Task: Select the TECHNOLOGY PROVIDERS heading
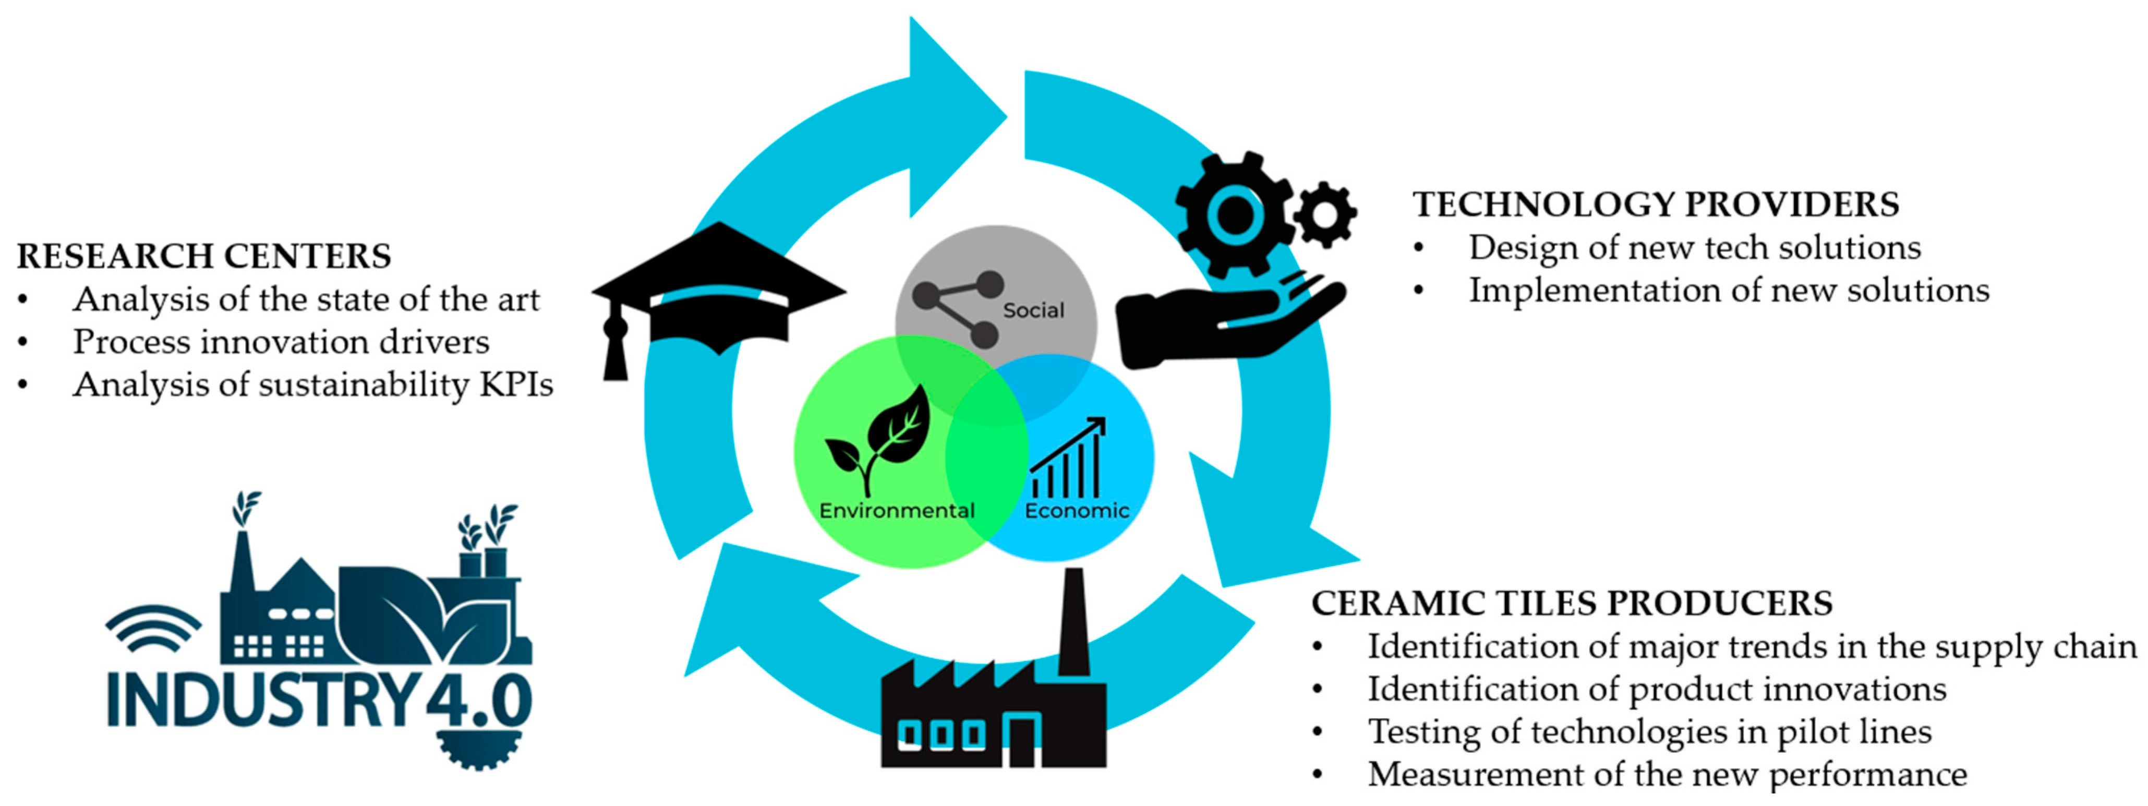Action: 1655,204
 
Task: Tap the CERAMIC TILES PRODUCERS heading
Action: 1572,603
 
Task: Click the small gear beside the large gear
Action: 1325,214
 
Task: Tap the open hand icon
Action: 1226,321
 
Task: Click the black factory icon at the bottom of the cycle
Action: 992,709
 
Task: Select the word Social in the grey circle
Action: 1033,310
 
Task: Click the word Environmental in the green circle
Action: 896,511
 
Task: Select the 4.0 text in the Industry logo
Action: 479,701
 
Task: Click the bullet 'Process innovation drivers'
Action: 281,342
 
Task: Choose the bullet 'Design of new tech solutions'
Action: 1694,248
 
